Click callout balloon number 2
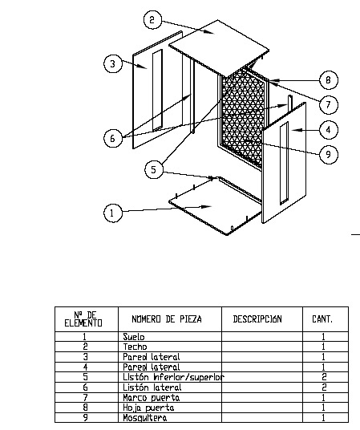coord(152,19)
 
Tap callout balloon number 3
coord(113,63)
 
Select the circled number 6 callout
coord(113,138)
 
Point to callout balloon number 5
coord(154,169)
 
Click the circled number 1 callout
coord(113,213)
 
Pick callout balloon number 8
coord(329,79)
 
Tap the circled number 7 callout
coord(329,105)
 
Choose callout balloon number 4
coord(329,130)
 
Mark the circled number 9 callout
coord(329,154)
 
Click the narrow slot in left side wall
coord(157,90)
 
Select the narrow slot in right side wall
coord(284,163)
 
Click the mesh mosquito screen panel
coord(243,120)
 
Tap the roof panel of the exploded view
coord(219,47)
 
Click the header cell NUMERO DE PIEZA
coord(167,319)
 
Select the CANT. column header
coord(322,319)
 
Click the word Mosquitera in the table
coord(145,418)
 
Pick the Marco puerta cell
coord(151,397)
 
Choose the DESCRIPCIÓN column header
coord(257,319)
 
